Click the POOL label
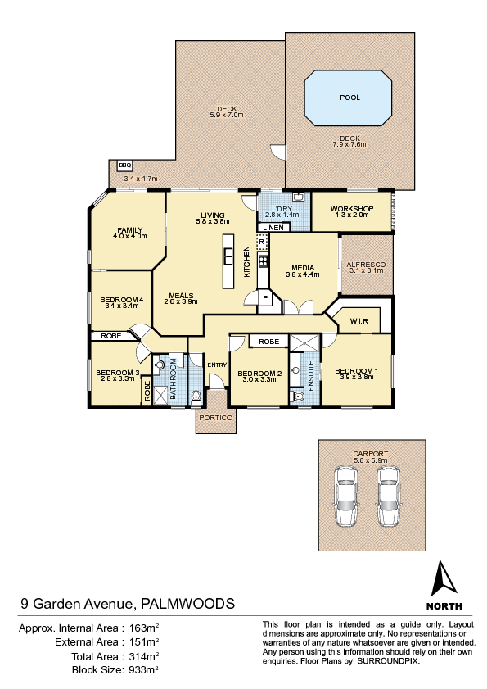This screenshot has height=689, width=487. tap(349, 97)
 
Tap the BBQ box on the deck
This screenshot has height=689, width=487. tap(124, 165)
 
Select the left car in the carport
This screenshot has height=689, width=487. tap(345, 496)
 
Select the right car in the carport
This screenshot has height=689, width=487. tap(389, 496)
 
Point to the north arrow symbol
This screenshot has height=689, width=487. tap(444, 578)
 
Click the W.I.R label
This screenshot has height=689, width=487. tap(358, 321)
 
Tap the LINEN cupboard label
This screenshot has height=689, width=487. tap(273, 228)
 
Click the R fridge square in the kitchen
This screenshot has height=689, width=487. tap(262, 242)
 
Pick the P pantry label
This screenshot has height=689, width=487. tap(265, 298)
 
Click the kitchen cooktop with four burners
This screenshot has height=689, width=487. tap(263, 261)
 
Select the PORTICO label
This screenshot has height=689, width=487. tap(215, 418)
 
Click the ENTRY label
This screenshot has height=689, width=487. tap(217, 365)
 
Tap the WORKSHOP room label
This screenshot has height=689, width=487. tap(352, 209)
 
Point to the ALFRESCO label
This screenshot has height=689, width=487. tap(366, 265)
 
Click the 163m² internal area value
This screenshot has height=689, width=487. tap(141, 628)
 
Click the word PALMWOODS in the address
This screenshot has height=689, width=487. tap(187, 603)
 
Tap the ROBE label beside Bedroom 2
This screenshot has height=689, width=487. tap(268, 342)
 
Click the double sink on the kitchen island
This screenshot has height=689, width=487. tap(228, 256)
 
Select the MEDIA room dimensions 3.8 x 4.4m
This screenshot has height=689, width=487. tap(303, 274)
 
